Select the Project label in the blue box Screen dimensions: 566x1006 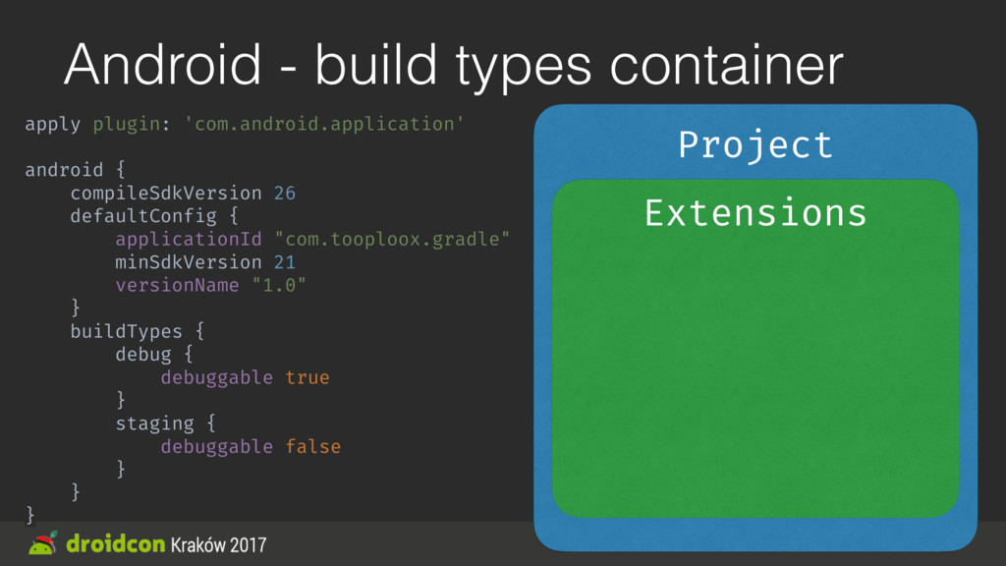coord(755,145)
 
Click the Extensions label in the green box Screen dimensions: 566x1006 coord(755,212)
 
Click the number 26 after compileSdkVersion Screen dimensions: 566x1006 coord(284,193)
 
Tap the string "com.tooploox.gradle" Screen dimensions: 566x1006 coord(392,239)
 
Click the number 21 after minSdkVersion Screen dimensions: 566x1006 coord(284,262)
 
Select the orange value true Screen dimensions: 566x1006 coord(307,377)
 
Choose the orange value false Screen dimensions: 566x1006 coord(312,447)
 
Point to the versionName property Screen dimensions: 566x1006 coord(177,285)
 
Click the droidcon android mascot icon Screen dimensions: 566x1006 coord(43,543)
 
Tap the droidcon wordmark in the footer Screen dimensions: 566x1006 coord(115,544)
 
